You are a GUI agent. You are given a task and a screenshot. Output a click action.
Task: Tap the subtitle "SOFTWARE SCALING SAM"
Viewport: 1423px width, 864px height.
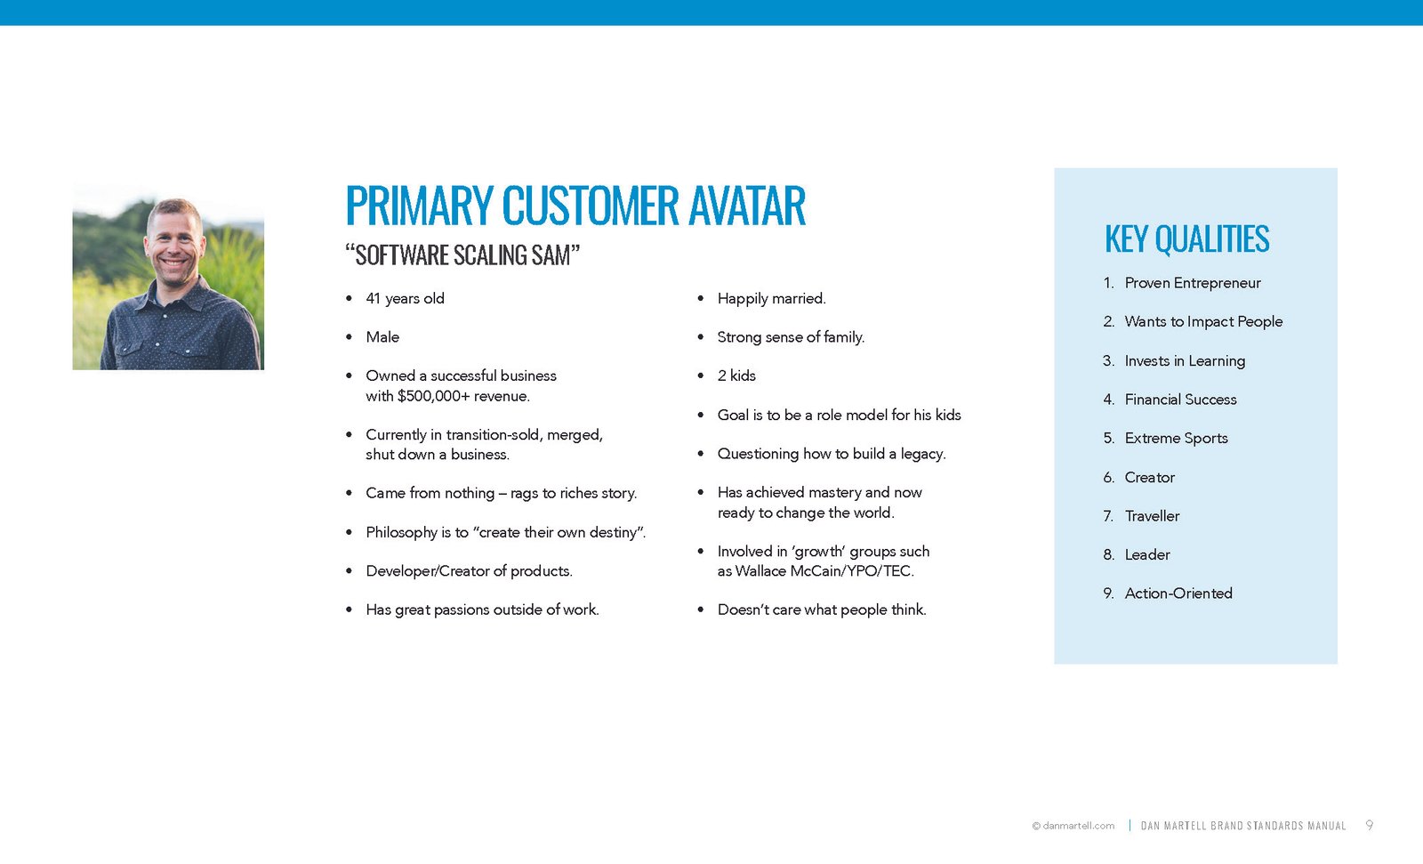[462, 255]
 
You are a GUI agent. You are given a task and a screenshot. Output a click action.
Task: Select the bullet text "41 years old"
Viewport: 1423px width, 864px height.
[405, 299]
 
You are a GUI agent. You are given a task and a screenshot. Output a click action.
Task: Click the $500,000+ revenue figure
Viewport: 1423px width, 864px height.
[434, 396]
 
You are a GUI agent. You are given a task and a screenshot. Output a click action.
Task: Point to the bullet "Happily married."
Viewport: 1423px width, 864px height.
[771, 299]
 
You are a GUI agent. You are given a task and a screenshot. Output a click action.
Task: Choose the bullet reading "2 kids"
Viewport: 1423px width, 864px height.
[736, 375]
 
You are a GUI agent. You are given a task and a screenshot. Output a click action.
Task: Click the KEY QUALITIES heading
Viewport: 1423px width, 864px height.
[1186, 239]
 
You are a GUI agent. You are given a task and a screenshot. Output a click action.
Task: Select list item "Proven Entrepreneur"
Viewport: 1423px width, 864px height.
[1192, 283]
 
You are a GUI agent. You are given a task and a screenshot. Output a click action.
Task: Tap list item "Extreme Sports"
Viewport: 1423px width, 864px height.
[1176, 439]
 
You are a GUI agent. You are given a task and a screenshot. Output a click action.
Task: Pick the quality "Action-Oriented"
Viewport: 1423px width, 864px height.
[1178, 593]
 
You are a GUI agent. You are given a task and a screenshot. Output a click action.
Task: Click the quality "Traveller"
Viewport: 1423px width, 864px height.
[1152, 516]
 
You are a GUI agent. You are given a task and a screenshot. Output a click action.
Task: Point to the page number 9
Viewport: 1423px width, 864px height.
[1370, 826]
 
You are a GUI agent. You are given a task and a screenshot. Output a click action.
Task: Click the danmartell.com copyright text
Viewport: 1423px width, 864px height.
[1073, 826]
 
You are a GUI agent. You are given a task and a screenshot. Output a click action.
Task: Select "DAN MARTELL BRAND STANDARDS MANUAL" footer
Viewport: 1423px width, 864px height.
[1242, 826]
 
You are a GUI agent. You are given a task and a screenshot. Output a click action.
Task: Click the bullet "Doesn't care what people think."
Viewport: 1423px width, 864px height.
[821, 610]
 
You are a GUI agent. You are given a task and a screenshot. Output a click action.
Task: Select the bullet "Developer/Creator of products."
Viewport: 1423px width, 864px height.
[469, 571]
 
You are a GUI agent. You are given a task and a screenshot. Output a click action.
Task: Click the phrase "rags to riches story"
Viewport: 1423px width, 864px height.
[573, 493]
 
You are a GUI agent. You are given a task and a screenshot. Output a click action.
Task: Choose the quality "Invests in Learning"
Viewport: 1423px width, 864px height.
[1184, 361]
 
